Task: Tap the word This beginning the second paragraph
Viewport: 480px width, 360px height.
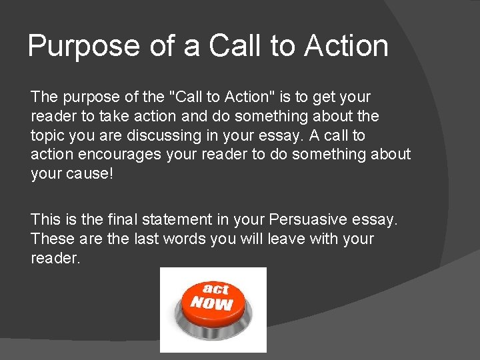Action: coord(45,219)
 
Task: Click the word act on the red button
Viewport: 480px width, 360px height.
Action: coord(215,289)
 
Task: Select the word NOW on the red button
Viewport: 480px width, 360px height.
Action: coord(212,303)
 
